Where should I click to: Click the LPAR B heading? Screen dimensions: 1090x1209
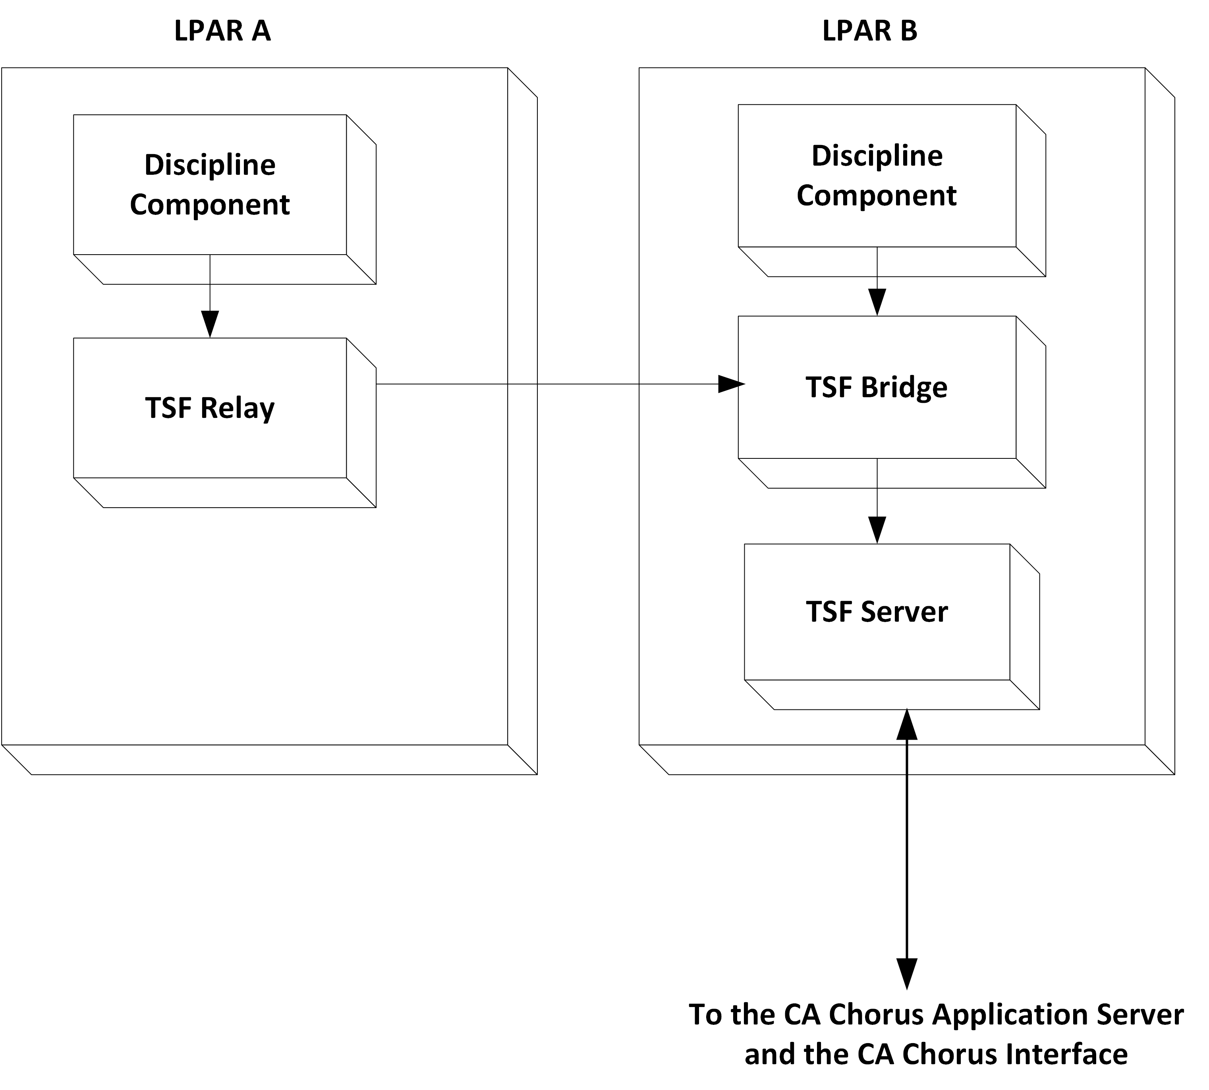tap(869, 31)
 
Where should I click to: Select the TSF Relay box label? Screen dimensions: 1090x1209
tap(210, 408)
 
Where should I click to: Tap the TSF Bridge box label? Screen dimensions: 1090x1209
tap(876, 387)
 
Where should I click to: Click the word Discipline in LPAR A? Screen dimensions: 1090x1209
tap(210, 165)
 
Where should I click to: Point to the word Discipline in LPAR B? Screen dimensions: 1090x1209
tap(877, 156)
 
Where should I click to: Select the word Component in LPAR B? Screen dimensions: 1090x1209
tap(876, 195)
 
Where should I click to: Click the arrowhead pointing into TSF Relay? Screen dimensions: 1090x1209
tap(210, 325)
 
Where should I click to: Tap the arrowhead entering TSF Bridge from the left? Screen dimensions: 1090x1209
tap(730, 384)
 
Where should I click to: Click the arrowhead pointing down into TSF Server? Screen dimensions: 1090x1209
tap(877, 530)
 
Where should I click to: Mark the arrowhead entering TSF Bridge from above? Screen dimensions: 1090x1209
tap(877, 302)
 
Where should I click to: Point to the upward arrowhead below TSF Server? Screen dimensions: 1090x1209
tap(907, 725)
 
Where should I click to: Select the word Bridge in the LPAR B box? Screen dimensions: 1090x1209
tap(904, 387)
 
